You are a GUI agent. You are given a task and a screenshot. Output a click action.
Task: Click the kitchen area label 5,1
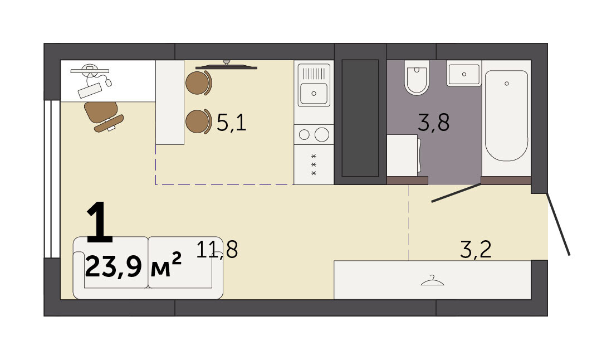(232, 123)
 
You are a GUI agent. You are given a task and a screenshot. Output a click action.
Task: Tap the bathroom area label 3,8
(433, 123)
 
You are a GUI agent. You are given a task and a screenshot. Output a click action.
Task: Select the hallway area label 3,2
(476, 250)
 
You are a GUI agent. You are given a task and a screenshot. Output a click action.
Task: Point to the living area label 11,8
(217, 250)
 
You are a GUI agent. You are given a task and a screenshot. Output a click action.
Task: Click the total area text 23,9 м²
(133, 266)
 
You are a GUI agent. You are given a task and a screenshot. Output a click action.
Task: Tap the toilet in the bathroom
(417, 77)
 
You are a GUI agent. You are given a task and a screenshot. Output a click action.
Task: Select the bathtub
(506, 115)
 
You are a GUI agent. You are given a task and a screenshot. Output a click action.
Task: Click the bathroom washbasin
(464, 74)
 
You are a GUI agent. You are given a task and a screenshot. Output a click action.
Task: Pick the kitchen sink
(314, 85)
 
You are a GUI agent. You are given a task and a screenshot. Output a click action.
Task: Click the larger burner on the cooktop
(322, 134)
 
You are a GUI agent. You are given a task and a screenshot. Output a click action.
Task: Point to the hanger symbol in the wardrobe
(432, 281)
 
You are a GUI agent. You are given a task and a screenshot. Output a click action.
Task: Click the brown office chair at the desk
(103, 116)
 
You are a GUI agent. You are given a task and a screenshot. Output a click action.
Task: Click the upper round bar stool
(198, 83)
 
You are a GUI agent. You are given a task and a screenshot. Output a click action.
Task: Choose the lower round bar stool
(198, 121)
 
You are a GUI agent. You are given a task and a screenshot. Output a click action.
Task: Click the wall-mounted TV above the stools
(226, 66)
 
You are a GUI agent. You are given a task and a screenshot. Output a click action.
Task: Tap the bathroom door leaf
(457, 193)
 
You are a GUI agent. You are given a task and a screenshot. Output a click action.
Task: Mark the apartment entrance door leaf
(559, 225)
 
